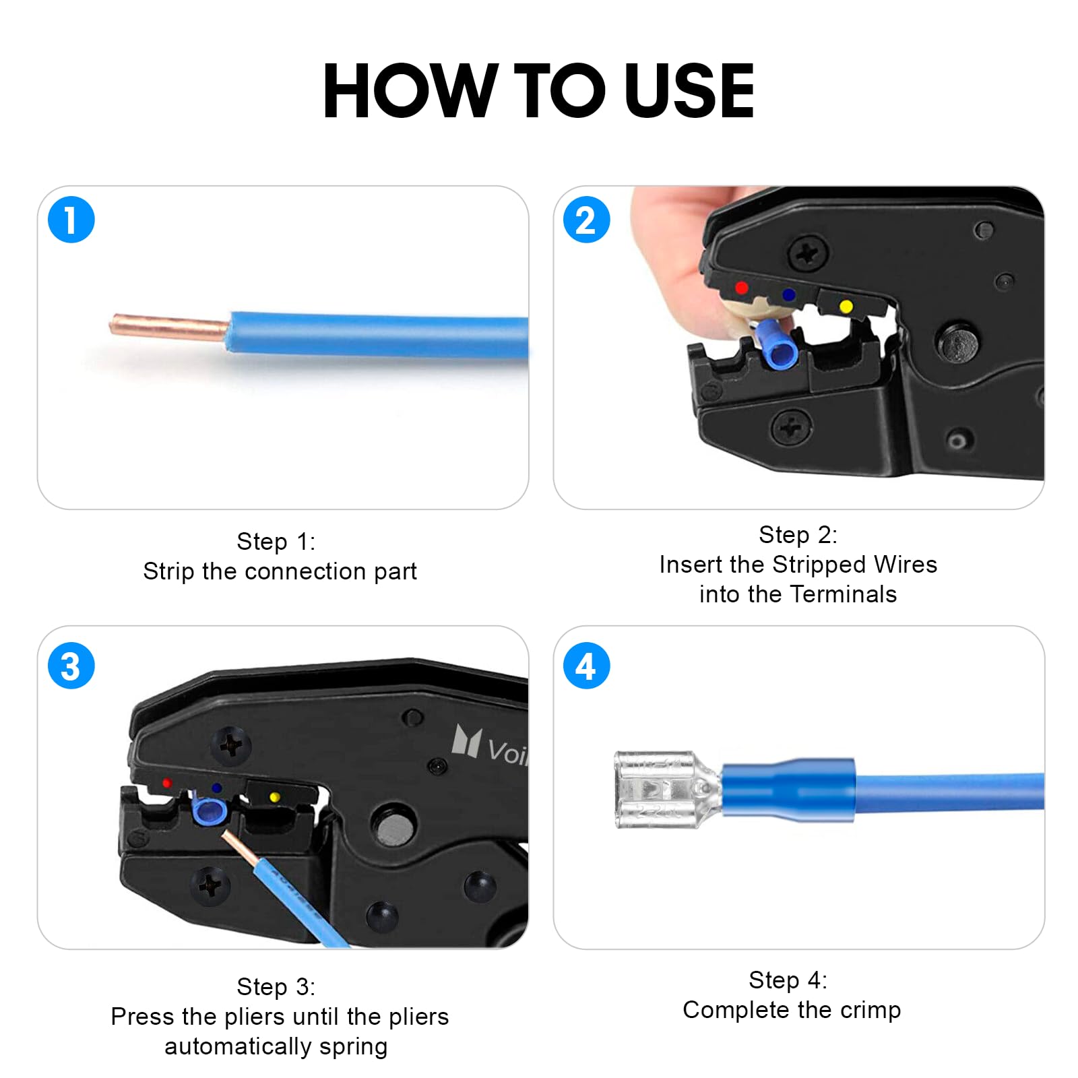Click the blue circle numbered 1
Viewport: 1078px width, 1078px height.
71,220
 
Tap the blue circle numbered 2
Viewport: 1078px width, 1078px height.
586,220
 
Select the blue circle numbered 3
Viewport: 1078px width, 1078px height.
71,666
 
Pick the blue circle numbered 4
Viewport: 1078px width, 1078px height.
586,666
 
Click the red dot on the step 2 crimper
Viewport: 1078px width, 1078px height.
741,288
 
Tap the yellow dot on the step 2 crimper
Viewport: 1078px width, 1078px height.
846,307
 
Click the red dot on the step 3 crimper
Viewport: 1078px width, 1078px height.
166,784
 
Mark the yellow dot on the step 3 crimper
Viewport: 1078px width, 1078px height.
274,798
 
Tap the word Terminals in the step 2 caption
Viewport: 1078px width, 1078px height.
843,594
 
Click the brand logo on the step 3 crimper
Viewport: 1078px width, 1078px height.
490,745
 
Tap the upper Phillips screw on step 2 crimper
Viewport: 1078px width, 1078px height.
809,255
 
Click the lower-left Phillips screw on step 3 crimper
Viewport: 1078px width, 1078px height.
211,886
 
